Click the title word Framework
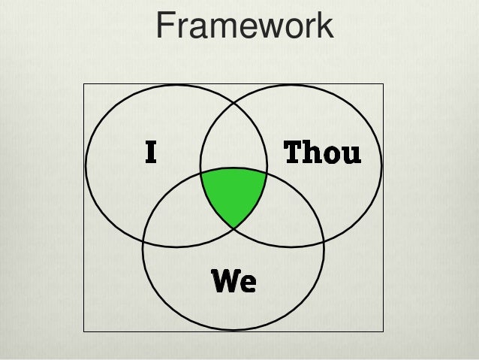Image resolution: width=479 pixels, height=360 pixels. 244,26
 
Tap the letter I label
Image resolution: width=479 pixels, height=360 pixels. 151,153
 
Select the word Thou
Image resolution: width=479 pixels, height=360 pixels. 321,153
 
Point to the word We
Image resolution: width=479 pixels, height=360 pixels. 233,282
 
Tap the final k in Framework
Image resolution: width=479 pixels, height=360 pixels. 324,26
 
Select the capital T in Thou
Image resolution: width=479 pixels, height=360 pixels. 293,153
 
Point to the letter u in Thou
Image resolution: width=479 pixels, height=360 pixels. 351,155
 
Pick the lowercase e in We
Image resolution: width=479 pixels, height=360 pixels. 249,284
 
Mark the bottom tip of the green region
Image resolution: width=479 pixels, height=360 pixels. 233,228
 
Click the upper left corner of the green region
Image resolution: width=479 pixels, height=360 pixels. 201,174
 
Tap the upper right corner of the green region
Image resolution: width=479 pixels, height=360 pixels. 267,174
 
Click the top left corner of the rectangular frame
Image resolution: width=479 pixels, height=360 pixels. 83,84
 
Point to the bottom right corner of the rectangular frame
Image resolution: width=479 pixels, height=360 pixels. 383,331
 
